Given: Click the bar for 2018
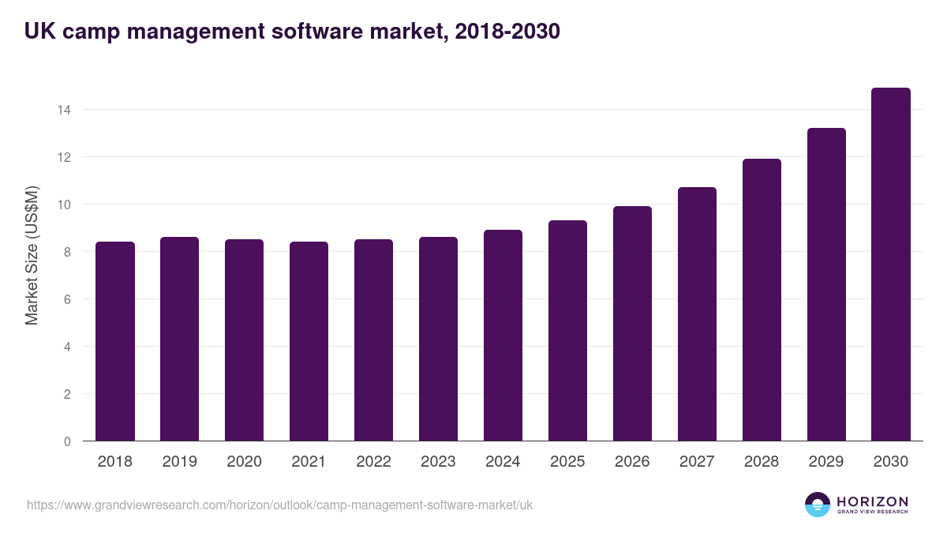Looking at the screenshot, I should click(115, 341).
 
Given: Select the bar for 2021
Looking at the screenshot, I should click(309, 341).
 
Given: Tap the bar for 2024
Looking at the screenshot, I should click(503, 336).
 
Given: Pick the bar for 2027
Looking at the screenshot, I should click(697, 314).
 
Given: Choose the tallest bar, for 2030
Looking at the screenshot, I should click(891, 265).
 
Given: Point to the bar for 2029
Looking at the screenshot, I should click(826, 284).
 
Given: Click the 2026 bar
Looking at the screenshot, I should click(632, 324).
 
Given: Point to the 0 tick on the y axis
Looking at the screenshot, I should click(68, 441).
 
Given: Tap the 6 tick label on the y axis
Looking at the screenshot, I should click(68, 299).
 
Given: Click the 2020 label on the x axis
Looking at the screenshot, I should click(244, 462).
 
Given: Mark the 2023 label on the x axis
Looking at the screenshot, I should click(438, 462).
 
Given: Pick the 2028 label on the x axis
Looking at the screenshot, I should click(762, 462).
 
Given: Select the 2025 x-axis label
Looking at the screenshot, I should click(567, 462).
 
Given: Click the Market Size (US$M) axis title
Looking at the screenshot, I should click(32, 255).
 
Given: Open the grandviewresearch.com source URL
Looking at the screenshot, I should click(279, 505).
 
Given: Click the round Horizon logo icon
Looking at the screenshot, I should click(818, 505).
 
